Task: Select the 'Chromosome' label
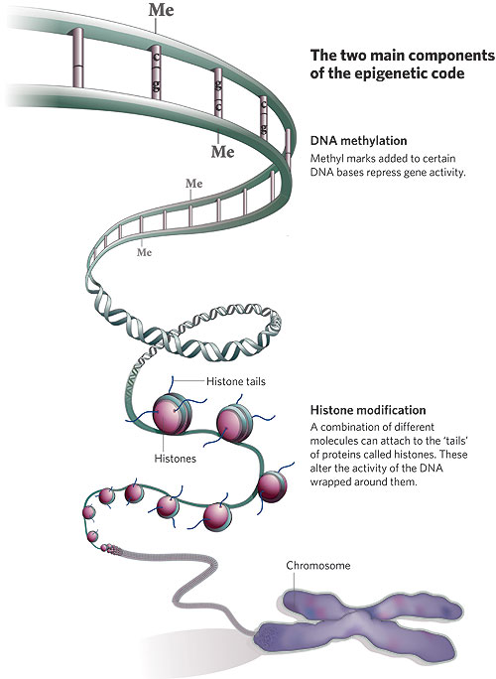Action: click(318, 566)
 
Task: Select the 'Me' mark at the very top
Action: click(160, 11)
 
